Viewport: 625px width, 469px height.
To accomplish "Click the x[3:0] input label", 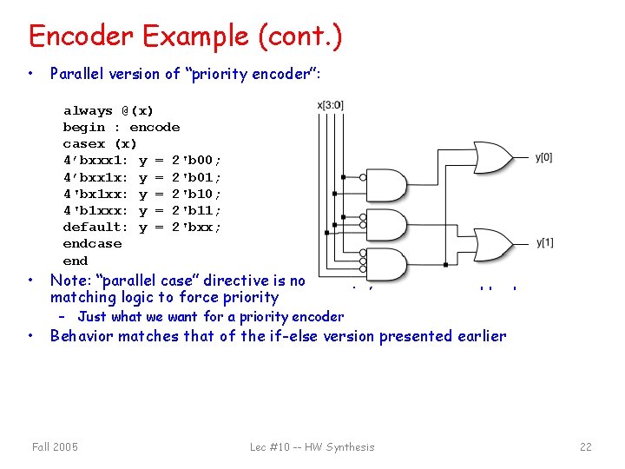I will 330,105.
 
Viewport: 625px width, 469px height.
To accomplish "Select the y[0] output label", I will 543,157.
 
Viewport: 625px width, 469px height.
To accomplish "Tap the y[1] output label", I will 544,242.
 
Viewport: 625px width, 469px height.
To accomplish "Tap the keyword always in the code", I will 88,111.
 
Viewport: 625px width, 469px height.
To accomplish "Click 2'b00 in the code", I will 196,161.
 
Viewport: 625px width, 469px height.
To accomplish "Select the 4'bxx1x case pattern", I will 95,177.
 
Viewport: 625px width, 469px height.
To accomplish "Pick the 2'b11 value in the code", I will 196,210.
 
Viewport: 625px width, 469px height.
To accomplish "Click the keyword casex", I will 83,144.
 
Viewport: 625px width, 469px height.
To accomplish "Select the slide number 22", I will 585,446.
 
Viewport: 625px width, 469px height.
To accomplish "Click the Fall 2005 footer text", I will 55,446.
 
